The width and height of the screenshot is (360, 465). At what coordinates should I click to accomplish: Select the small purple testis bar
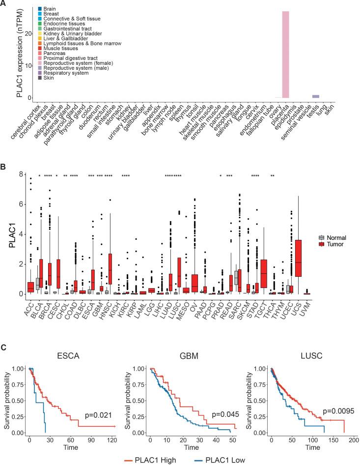pos(316,96)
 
